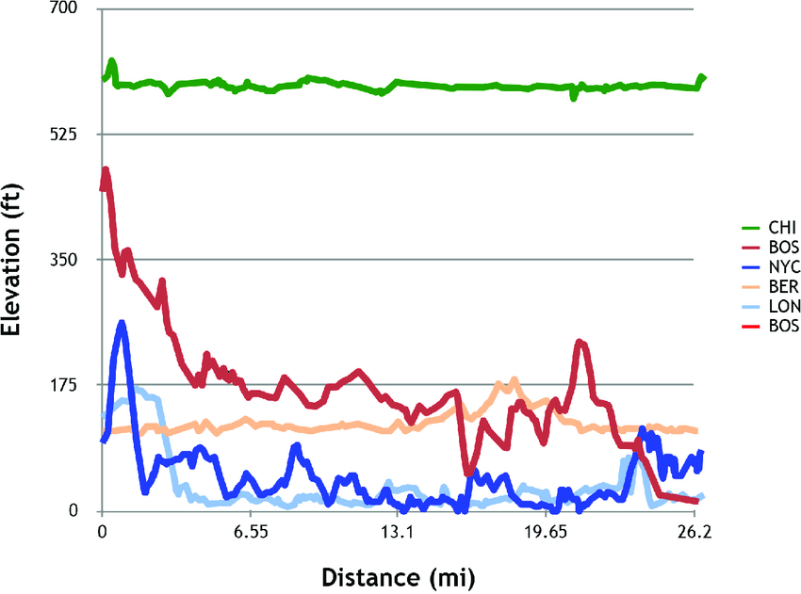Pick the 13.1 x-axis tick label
click(399, 531)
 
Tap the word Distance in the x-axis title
click(364, 575)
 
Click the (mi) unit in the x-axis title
click(453, 575)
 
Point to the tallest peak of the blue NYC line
click(122, 323)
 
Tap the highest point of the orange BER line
click(515, 379)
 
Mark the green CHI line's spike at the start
click(112, 61)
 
